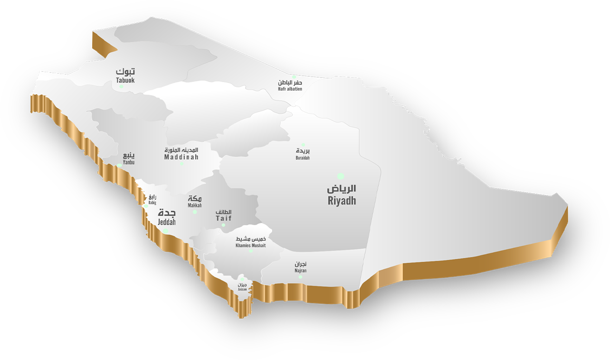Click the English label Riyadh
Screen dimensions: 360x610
point(342,200)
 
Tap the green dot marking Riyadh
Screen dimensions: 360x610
point(341,176)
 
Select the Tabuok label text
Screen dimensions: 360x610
point(125,80)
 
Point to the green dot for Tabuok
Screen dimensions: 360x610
point(122,86)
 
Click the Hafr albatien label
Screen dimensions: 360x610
point(290,89)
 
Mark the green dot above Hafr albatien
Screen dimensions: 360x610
point(294,76)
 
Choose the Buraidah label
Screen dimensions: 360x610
point(303,158)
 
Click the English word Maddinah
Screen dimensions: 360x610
point(181,157)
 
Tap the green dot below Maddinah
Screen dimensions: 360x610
point(181,163)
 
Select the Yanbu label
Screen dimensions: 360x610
point(129,162)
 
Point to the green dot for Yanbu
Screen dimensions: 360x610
point(119,165)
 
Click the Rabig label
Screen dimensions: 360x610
point(152,202)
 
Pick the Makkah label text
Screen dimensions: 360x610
point(195,206)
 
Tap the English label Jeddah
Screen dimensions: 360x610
point(167,222)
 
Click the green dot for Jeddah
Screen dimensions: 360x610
point(165,231)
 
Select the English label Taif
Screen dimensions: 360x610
point(224,218)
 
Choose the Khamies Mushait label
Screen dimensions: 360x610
point(251,246)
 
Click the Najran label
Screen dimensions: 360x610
point(300,271)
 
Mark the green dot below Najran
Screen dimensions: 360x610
point(300,277)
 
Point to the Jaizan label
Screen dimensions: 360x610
point(242,289)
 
